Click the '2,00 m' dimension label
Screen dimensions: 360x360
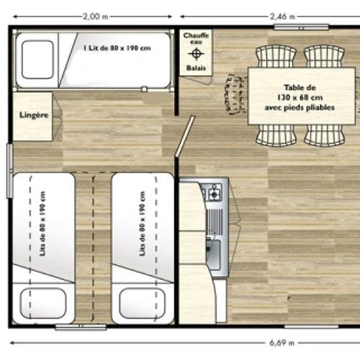tap(93, 15)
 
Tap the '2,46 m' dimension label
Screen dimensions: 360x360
tap(281, 15)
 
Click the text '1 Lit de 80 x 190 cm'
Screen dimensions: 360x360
tap(117, 48)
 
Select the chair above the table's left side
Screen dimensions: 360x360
tap(275, 57)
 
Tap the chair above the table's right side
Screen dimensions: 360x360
tap(324, 57)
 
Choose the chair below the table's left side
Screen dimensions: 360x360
tap(275, 134)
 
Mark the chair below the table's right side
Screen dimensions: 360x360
tap(324, 134)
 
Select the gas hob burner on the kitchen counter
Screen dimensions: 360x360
tap(214, 193)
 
